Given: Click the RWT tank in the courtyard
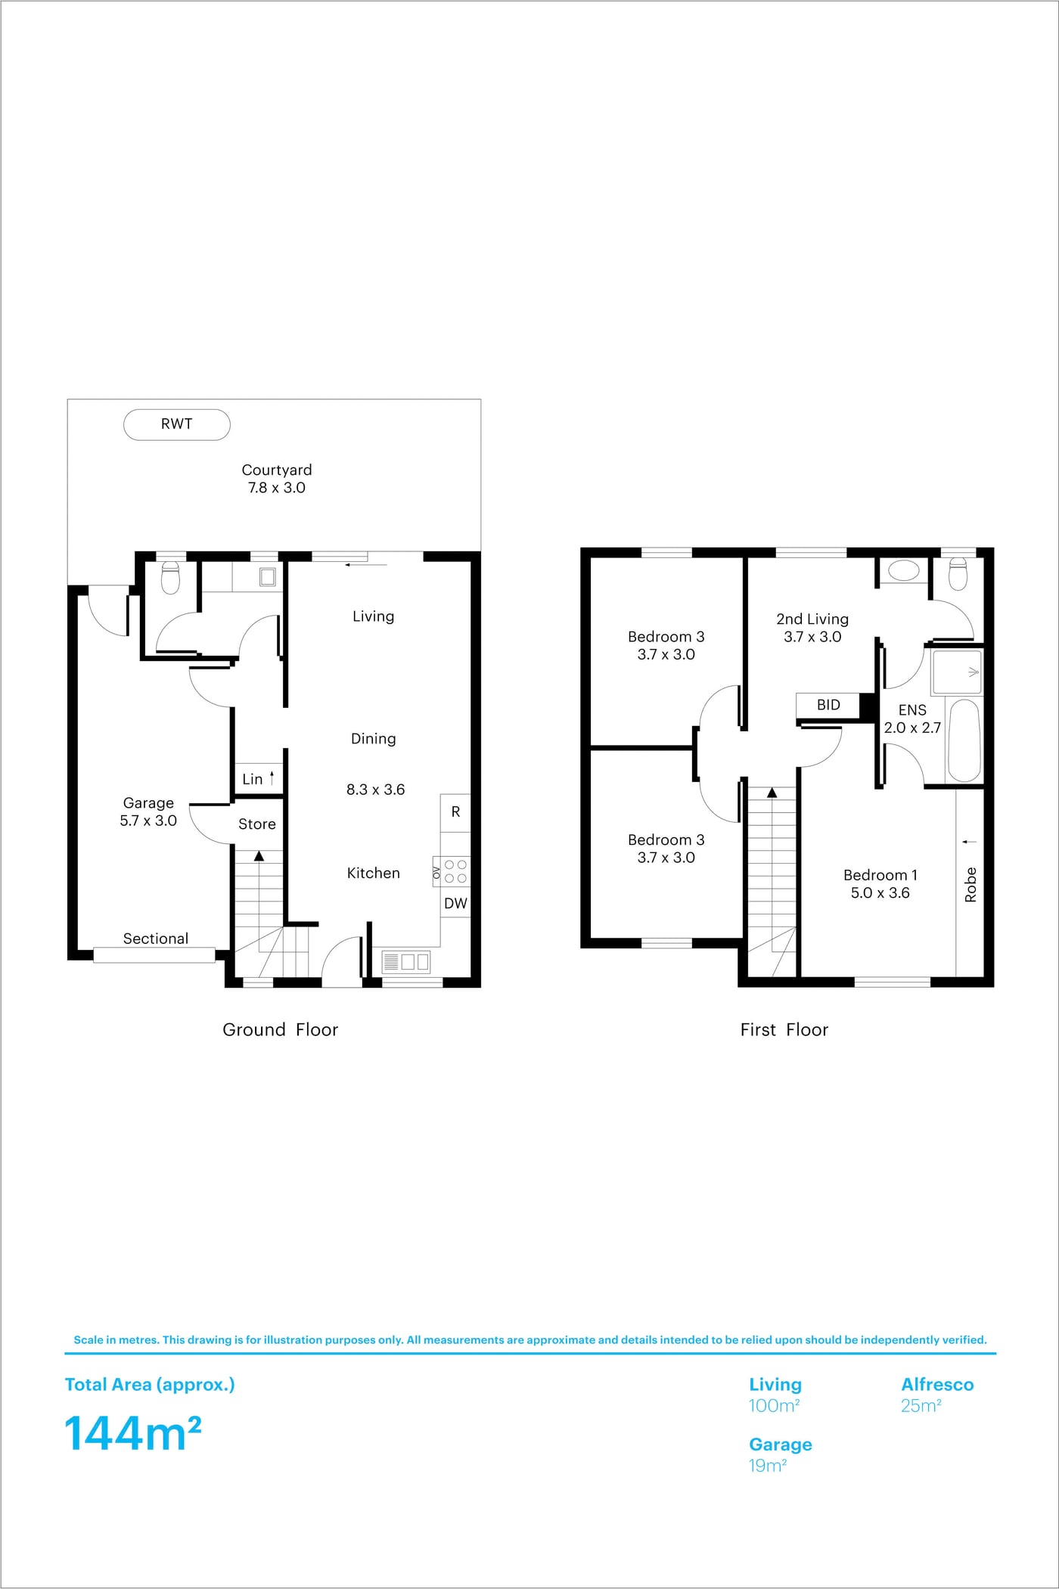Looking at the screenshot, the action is (x=176, y=424).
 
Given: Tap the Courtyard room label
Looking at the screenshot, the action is (x=277, y=470).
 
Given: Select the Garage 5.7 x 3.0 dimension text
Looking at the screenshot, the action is (x=148, y=821).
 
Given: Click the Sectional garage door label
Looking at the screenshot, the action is (x=156, y=939).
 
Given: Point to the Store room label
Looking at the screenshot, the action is (x=257, y=824).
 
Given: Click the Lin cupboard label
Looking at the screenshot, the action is (x=253, y=779).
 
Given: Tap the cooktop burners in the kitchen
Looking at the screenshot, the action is (x=455, y=871).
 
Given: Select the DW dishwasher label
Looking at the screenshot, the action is (x=455, y=903).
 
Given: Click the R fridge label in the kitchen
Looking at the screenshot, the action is (x=455, y=812).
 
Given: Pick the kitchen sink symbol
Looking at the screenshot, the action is (x=406, y=961).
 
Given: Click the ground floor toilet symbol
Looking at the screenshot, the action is (x=170, y=578).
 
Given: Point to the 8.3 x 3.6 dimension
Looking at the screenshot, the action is (x=375, y=790).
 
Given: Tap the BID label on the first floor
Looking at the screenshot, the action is (x=828, y=705).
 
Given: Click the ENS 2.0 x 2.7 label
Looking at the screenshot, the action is (x=912, y=718).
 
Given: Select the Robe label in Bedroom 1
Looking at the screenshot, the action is (x=970, y=885).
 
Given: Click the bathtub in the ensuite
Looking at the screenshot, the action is (x=964, y=741).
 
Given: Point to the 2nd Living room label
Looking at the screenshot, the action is (x=812, y=619).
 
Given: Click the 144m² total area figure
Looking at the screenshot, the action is (x=133, y=1433).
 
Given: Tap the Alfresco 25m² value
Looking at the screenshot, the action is (x=921, y=1405).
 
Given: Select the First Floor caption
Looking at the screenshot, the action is (x=784, y=1029).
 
